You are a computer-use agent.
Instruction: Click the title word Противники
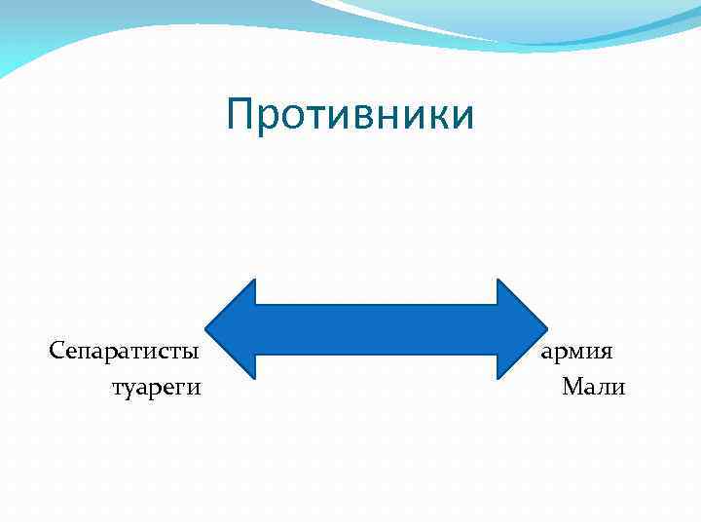pyautogui.click(x=350, y=115)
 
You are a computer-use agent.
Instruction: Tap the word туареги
pyautogui.click(x=157, y=388)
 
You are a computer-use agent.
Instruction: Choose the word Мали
pyautogui.click(x=593, y=388)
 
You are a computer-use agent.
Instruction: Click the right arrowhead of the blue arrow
pyautogui.click(x=522, y=329)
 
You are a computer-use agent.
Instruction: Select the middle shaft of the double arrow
pyautogui.click(x=376, y=329)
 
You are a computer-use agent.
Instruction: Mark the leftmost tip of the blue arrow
pyautogui.click(x=207, y=329)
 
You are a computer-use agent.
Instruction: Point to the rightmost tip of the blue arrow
pyautogui.click(x=547, y=329)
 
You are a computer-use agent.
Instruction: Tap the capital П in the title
pyautogui.click(x=240, y=115)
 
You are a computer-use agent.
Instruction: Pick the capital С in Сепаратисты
pyautogui.click(x=56, y=349)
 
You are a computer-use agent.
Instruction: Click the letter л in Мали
pyautogui.click(x=606, y=389)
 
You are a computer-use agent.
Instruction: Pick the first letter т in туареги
pyautogui.click(x=117, y=389)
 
